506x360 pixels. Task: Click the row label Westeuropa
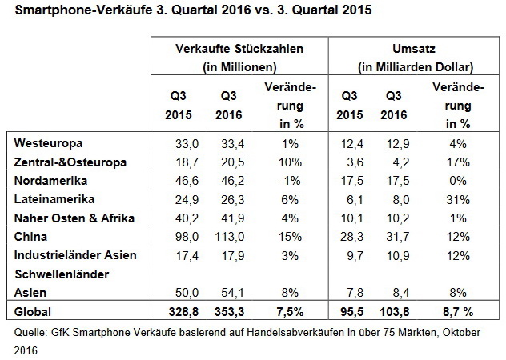pos(44,142)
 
